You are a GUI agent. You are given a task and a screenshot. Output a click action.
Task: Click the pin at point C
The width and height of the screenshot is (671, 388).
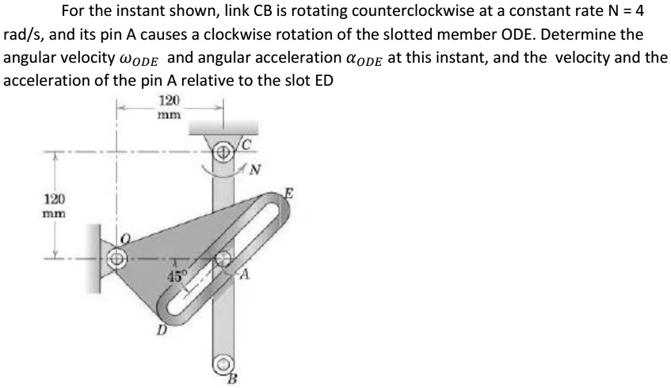point(224,149)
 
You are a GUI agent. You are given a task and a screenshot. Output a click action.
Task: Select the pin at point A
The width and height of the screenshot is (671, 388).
point(225,259)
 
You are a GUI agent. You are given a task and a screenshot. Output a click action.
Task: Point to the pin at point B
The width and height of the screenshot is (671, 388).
point(223,367)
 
